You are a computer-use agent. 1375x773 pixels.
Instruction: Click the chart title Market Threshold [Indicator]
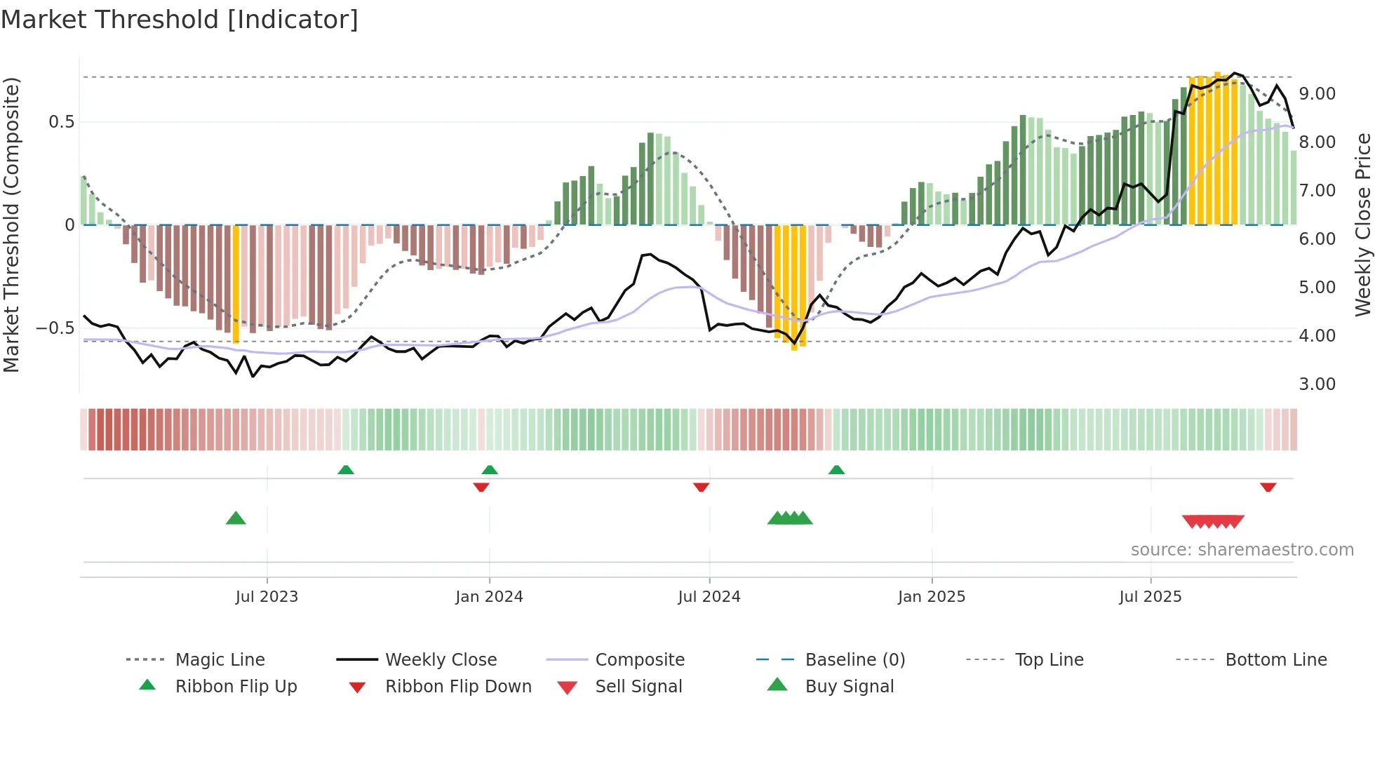click(x=180, y=20)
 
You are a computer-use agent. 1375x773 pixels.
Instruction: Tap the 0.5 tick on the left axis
click(x=61, y=122)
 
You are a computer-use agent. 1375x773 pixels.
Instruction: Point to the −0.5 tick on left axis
click(x=55, y=328)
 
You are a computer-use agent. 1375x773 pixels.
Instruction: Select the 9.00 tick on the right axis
click(x=1317, y=94)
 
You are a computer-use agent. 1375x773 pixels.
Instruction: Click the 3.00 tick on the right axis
click(x=1317, y=384)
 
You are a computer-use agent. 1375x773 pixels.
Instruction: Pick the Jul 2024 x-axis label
click(x=709, y=597)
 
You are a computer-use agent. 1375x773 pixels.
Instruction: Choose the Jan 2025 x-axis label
click(x=931, y=597)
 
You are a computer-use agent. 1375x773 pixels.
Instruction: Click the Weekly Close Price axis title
click(x=1362, y=224)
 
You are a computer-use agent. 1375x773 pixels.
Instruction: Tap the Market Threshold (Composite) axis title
click(x=11, y=224)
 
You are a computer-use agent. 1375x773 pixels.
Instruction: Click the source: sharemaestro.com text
click(x=1242, y=550)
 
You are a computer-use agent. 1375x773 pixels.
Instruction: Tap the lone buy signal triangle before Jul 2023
click(x=236, y=518)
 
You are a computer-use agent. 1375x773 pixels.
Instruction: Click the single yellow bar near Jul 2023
click(x=236, y=283)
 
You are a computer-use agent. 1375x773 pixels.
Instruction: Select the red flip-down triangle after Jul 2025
click(x=1268, y=487)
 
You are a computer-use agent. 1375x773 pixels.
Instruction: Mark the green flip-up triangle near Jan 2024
click(x=490, y=469)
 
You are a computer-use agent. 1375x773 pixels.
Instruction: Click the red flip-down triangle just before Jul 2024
click(x=701, y=487)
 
